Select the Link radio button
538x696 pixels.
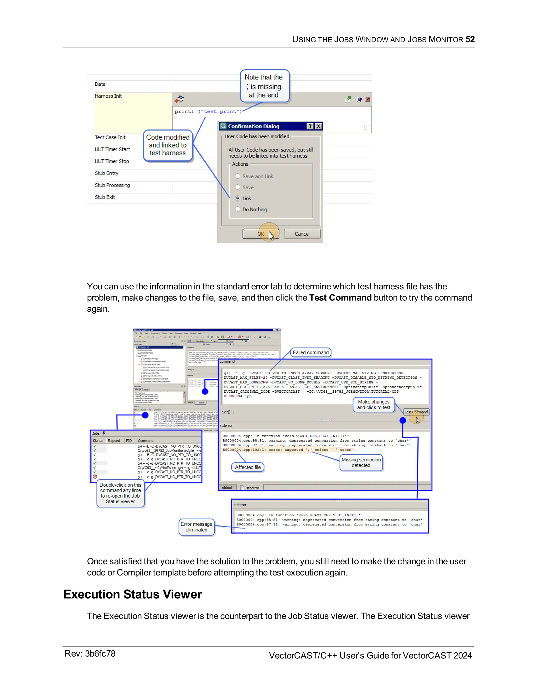[237, 198]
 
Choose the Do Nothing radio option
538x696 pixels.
[237, 209]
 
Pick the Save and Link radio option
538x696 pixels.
[237, 176]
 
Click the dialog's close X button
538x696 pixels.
[318, 126]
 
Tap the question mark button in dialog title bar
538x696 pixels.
[310, 126]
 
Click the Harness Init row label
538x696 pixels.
[108, 96]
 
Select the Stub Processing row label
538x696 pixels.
[112, 185]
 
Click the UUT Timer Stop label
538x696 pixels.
[112, 161]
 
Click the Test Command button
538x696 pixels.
[416, 412]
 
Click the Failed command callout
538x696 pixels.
[311, 352]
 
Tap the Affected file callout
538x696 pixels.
[248, 467]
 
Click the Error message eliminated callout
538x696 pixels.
[196, 527]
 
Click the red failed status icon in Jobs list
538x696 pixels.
[95, 477]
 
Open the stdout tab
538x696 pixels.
[227, 487]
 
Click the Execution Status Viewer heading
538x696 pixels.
[132, 594]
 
